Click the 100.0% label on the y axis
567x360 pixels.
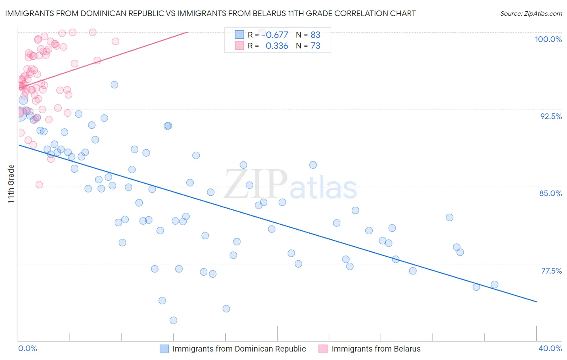(548, 39)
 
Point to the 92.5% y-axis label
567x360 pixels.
(551, 116)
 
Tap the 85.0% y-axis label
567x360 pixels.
(550, 193)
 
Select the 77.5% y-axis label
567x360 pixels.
(551, 271)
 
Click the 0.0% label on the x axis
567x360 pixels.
(27, 348)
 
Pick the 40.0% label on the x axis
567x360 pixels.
(550, 348)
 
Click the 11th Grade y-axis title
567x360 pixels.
(11, 184)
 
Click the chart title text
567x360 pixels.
(210, 13)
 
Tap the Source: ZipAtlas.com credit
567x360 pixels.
(531, 13)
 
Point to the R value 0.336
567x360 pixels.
(277, 46)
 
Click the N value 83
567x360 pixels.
(315, 35)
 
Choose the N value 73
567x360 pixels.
(315, 46)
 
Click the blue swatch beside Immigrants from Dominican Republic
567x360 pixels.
(164, 349)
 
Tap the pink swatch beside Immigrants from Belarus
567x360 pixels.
(323, 349)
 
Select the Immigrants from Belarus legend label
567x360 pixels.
(376, 349)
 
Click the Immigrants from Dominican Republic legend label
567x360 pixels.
(239, 349)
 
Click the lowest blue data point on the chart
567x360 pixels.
(173, 320)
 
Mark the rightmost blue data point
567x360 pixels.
(494, 285)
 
